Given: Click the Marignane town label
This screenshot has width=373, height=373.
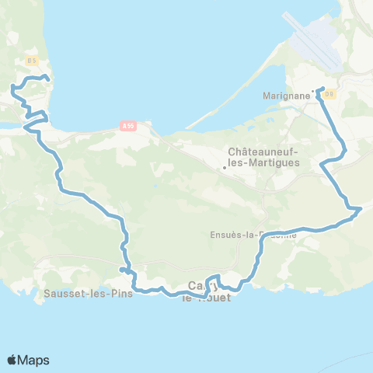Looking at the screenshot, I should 286,96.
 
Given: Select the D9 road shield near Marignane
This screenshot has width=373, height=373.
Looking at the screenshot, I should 329,93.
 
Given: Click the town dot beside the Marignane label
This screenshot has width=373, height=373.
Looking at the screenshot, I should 313,92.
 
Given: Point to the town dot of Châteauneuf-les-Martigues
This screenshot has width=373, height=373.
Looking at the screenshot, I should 224,167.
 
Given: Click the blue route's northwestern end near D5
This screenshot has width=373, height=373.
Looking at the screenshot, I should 48,78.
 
